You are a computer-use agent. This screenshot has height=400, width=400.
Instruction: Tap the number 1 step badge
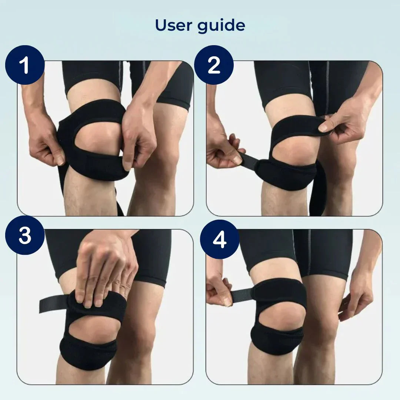(x=25, y=65)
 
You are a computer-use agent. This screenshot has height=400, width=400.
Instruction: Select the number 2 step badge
(x=214, y=65)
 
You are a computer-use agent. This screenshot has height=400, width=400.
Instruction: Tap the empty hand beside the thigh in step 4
(x=356, y=296)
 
